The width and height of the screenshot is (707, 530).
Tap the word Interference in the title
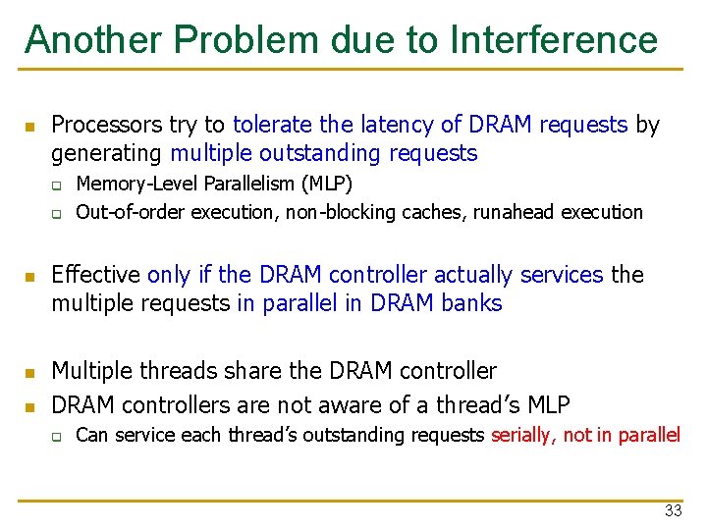click(x=554, y=40)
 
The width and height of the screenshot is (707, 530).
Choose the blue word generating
click(x=107, y=154)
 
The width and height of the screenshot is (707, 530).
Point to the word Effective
click(x=95, y=275)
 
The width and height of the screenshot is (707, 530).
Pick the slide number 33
click(x=673, y=510)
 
